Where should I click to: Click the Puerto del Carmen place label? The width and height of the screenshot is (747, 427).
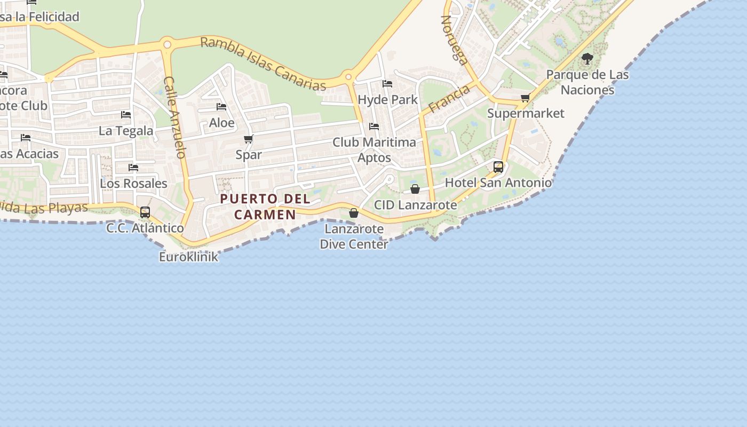tap(265, 207)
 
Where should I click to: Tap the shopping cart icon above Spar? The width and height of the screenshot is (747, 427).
tap(248, 139)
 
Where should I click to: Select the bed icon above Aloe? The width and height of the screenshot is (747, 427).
tap(221, 107)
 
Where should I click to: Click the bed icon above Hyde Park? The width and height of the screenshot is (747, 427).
tap(387, 84)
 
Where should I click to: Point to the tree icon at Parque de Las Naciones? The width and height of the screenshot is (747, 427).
tap(587, 59)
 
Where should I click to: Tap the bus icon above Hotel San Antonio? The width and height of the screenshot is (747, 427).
tap(498, 167)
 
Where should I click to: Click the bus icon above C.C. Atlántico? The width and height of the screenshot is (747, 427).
tap(145, 212)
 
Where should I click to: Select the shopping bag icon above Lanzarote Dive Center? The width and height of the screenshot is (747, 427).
tap(353, 213)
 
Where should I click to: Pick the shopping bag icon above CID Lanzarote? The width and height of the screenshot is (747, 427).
tap(415, 189)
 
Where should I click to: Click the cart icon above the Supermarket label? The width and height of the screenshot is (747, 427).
tap(526, 98)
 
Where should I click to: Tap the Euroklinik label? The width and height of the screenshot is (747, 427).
tap(189, 257)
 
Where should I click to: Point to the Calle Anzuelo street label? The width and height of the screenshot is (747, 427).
tap(174, 117)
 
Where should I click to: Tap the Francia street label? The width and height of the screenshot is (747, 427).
tap(449, 99)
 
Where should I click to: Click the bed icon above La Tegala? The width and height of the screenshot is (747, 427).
tap(126, 115)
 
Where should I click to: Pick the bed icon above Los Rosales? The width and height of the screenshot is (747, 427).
tap(133, 168)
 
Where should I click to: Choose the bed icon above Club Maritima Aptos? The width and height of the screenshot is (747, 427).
tap(374, 126)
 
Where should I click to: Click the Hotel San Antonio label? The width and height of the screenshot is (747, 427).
tap(498, 183)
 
